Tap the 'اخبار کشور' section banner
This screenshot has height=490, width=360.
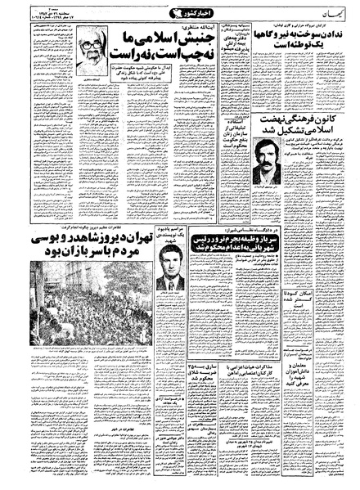coord(178,12)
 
